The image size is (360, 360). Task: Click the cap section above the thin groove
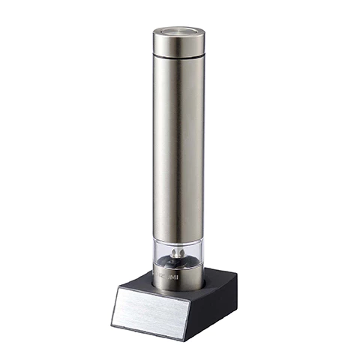(x=178, y=43)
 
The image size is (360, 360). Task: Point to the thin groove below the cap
(x=178, y=57)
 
